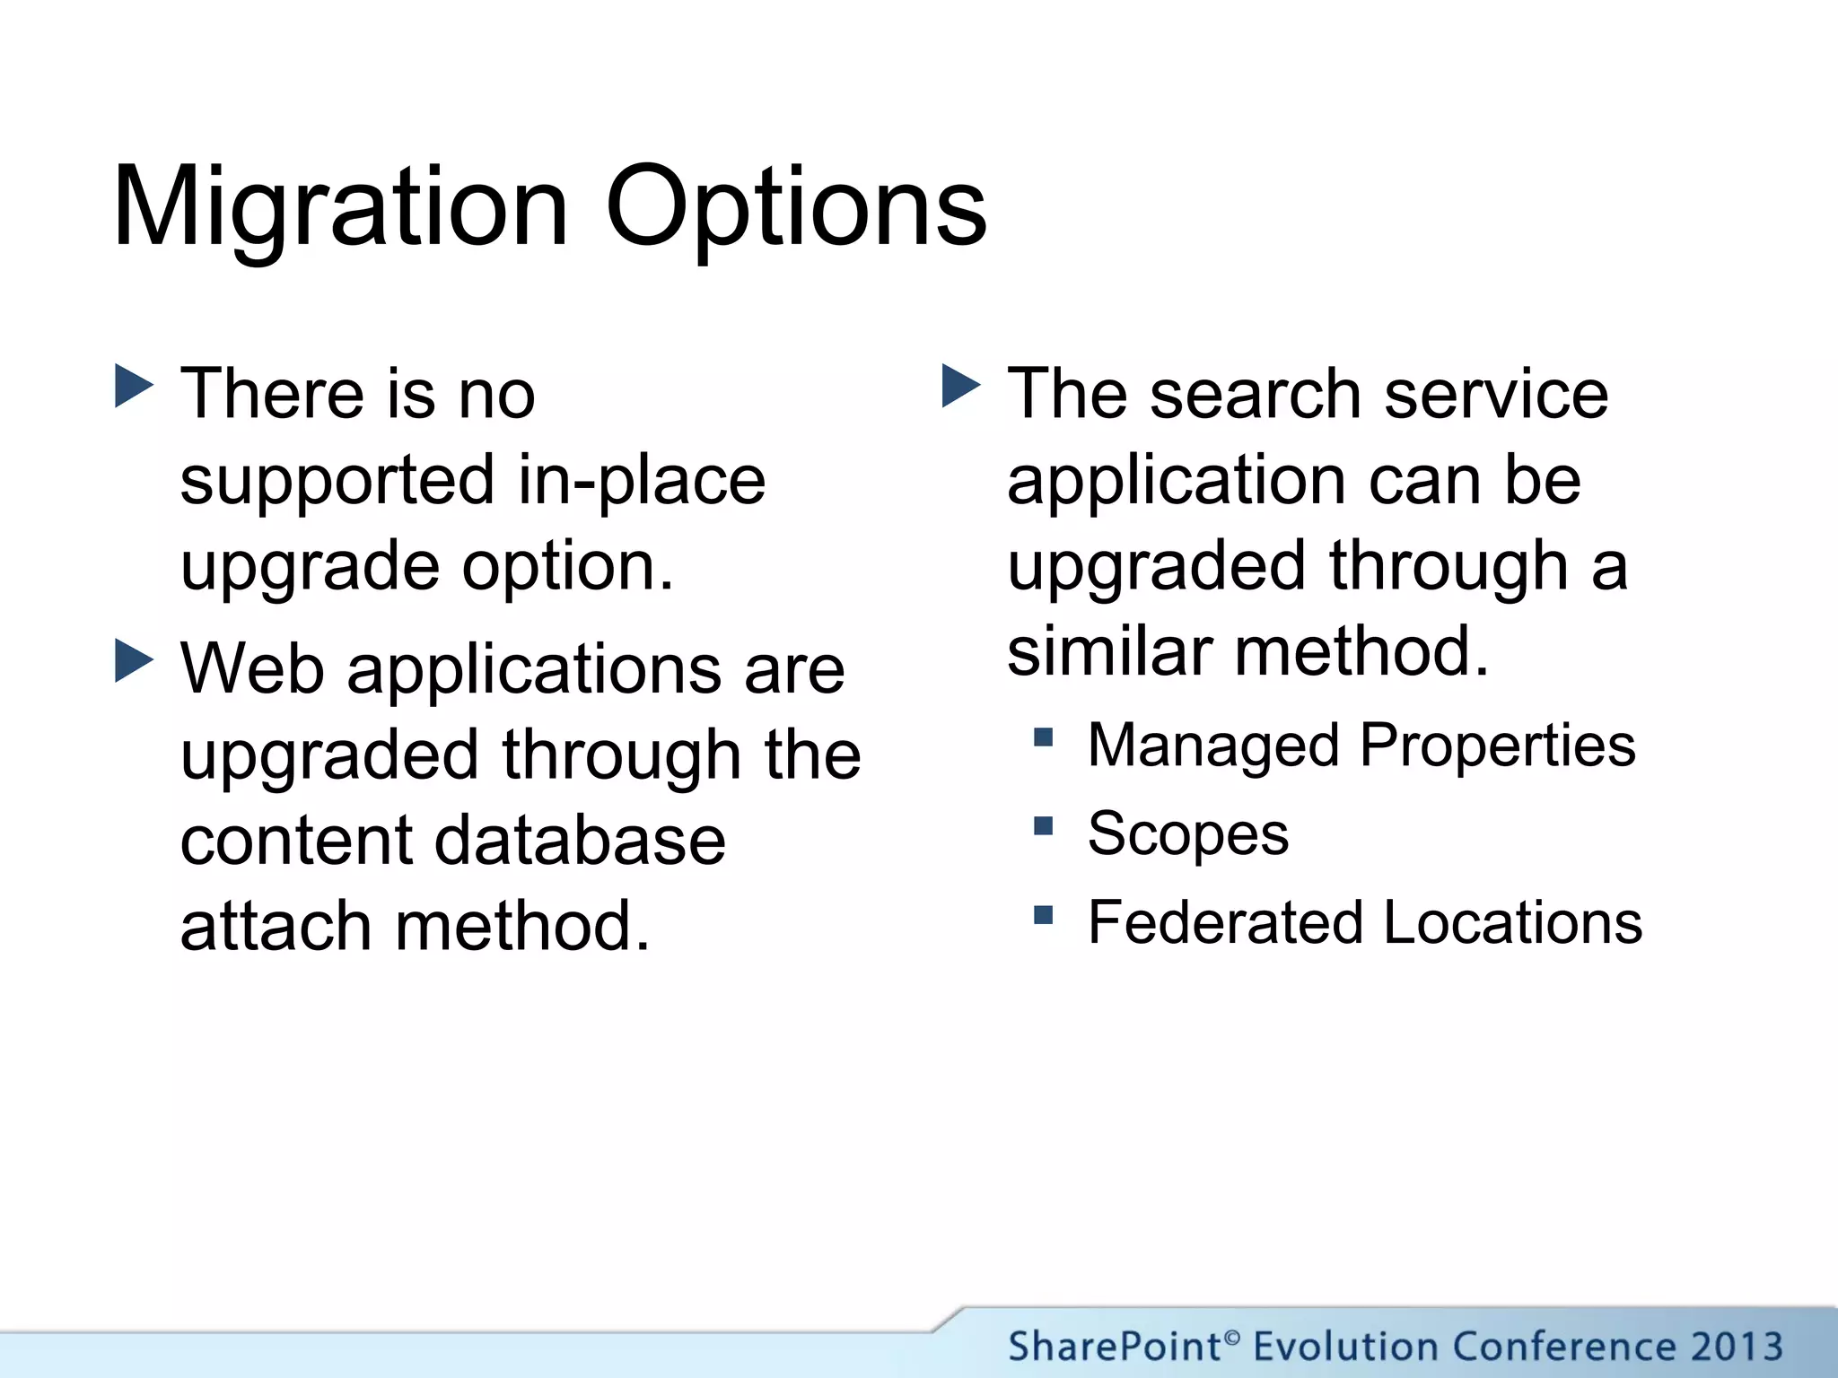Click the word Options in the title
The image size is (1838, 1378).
coord(796,208)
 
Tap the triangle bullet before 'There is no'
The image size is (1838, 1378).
coord(135,387)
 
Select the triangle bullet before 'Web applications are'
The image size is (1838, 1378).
coord(135,661)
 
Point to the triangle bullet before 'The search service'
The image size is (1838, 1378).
coord(961,387)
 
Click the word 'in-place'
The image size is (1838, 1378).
coord(642,481)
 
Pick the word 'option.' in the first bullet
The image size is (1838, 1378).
coord(568,567)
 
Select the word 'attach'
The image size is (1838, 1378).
coord(276,927)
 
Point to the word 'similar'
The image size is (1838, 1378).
coord(1109,651)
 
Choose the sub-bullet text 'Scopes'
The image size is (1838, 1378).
coord(1187,833)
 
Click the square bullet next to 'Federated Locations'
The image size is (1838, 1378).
coord(1043,915)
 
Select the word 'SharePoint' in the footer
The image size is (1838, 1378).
coord(1115,1347)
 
